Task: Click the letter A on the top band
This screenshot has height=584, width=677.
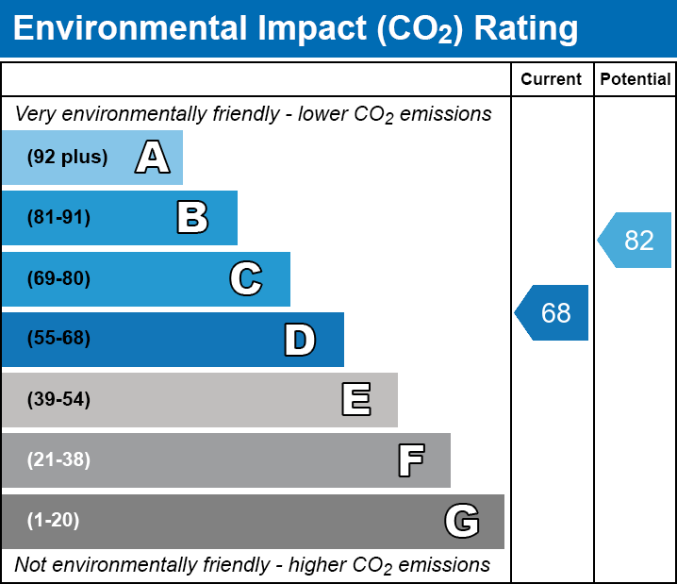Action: (153, 157)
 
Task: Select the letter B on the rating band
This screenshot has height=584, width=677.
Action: (192, 218)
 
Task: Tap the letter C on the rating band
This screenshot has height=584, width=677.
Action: (246, 279)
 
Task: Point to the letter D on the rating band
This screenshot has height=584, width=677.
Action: (300, 340)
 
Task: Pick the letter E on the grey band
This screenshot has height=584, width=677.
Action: (355, 400)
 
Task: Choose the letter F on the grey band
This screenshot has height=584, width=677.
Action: (410, 460)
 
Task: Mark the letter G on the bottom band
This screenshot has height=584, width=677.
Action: (462, 521)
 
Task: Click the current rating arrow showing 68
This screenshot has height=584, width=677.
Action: (553, 312)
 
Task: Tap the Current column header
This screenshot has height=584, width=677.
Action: (552, 80)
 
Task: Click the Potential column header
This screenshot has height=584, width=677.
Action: (636, 80)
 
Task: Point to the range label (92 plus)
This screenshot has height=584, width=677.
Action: (67, 158)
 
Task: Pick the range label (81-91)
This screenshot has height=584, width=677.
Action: (58, 218)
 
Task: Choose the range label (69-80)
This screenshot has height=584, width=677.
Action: (58, 279)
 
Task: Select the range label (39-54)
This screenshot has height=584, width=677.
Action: (58, 400)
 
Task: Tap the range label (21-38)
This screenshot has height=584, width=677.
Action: (58, 460)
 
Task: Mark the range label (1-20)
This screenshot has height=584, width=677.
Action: (54, 521)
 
